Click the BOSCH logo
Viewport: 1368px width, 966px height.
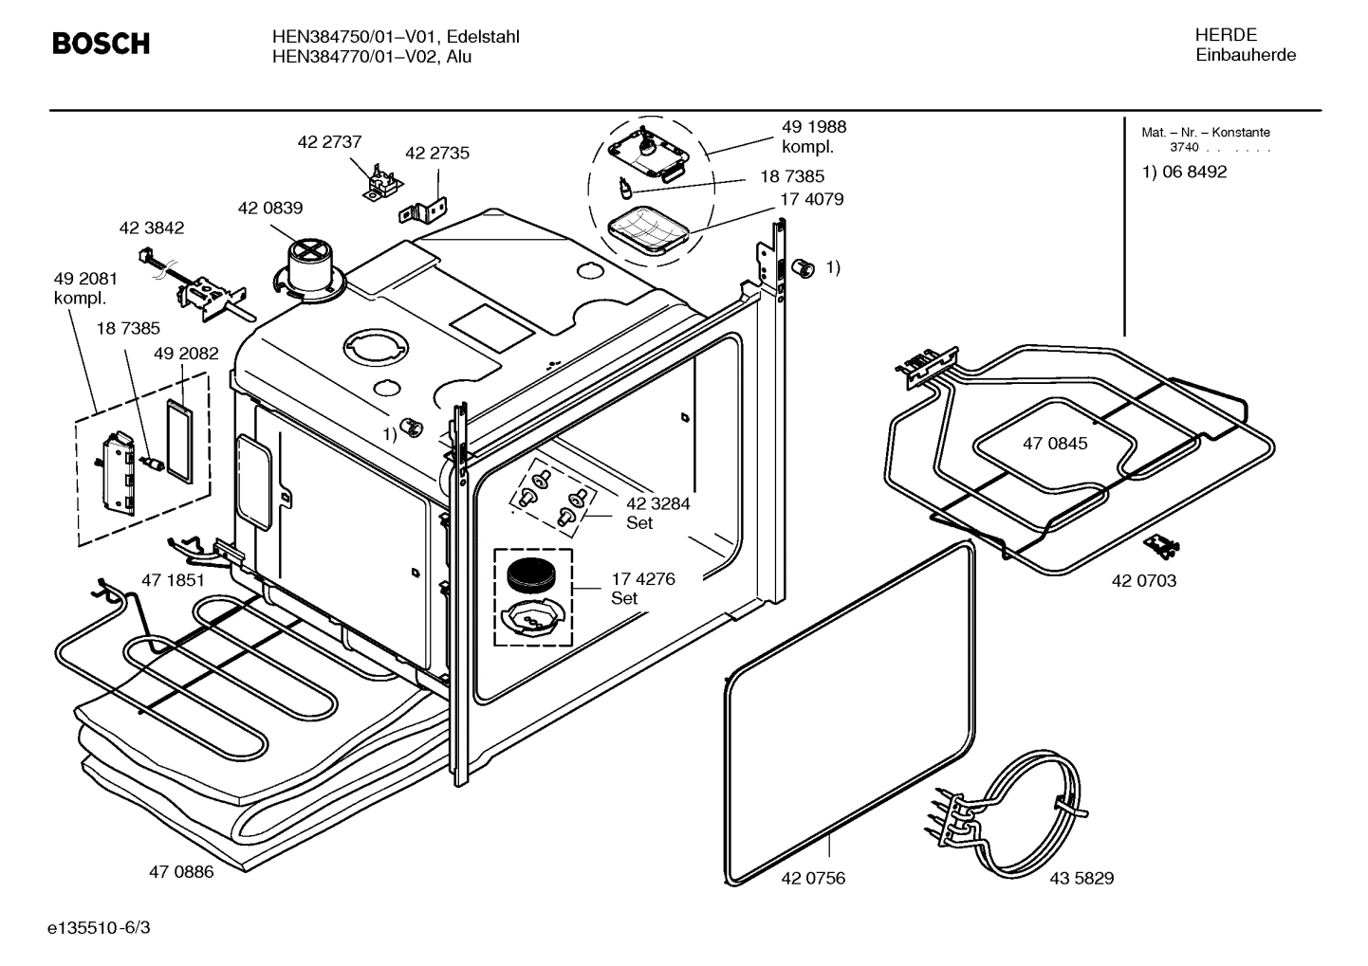point(101,44)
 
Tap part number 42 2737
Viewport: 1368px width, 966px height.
point(329,142)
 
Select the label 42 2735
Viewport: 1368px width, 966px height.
point(437,153)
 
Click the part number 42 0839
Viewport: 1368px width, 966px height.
point(270,208)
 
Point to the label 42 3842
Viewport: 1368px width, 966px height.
point(152,228)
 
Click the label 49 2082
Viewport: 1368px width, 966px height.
point(186,354)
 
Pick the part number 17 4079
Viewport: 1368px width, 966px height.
point(811,199)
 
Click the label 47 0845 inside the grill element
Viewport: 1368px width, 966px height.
point(1055,444)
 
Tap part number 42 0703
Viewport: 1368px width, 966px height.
point(1143,580)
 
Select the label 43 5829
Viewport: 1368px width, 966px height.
point(1081,878)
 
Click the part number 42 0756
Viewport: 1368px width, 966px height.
point(813,878)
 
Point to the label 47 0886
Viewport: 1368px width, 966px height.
point(181,871)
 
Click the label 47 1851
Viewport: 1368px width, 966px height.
point(173,579)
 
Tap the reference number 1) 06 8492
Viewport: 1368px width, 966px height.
point(1184,172)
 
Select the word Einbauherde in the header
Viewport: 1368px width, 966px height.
point(1245,55)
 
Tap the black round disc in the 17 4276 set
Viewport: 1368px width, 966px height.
point(531,574)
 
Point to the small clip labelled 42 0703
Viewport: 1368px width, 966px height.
point(1162,544)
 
